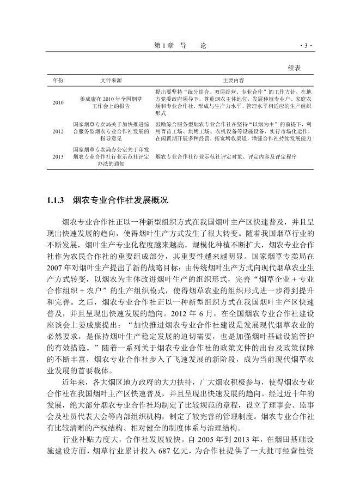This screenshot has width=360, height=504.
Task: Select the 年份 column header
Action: (58, 80)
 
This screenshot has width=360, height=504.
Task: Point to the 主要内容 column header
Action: (233, 80)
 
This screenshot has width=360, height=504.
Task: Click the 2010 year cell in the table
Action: (58, 102)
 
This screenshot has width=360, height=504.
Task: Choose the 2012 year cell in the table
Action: (58, 132)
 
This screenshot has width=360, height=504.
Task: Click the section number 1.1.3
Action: (56, 201)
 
